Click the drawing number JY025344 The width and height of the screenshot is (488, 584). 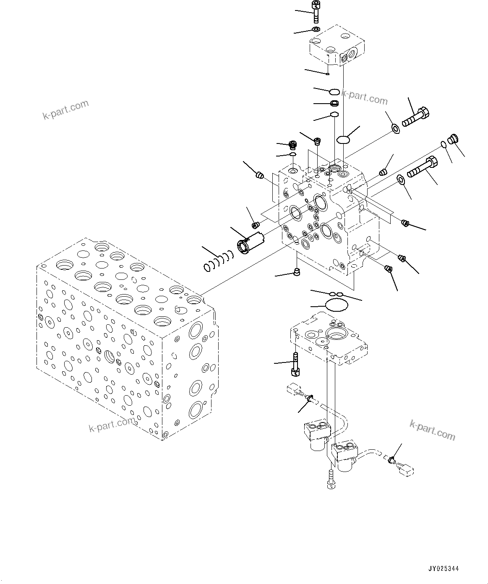pyautogui.click(x=443, y=569)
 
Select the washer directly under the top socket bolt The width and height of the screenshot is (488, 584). pyautogui.click(x=316, y=29)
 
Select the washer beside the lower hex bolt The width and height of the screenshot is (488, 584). pyautogui.click(x=400, y=180)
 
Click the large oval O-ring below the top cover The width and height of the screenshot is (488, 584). pyautogui.click(x=343, y=139)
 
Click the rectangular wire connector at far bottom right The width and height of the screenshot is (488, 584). pyautogui.click(x=407, y=471)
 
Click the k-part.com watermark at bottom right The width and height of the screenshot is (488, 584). pyautogui.click(x=432, y=430)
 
